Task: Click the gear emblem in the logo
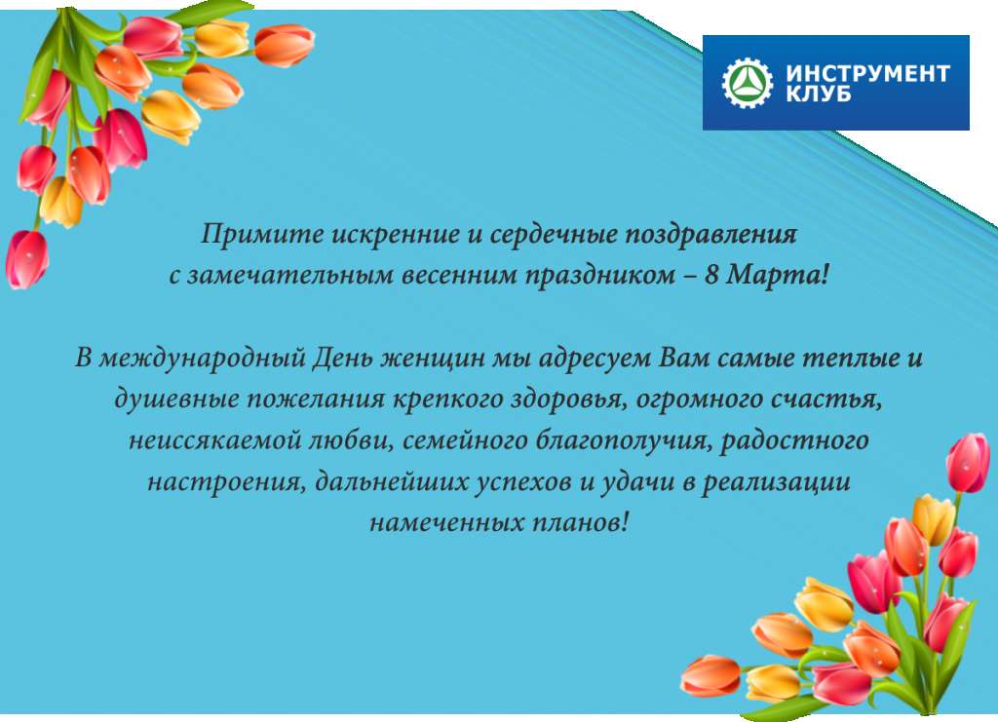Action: (748, 83)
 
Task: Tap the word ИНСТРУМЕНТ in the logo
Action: (868, 73)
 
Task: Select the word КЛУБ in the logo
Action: (819, 94)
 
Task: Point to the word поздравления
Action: (710, 236)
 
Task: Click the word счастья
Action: (826, 399)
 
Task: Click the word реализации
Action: (776, 482)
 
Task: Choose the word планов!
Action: (580, 523)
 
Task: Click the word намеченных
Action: (446, 523)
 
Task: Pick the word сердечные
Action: (553, 235)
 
